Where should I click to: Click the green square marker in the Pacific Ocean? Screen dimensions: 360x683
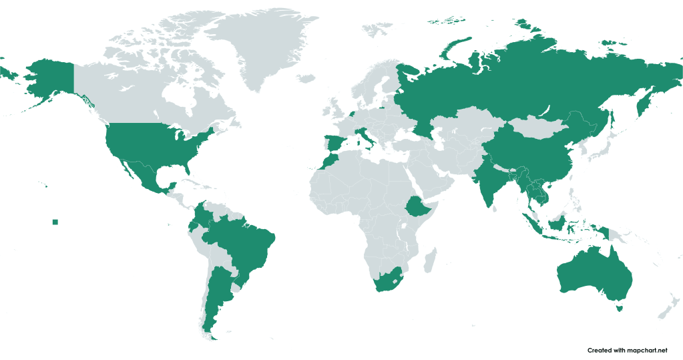(55, 222)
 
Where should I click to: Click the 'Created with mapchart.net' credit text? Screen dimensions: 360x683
(627, 350)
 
